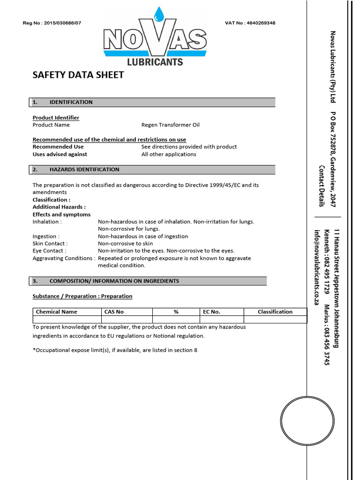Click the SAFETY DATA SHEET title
pos(78,75)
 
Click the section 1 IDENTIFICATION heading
pos(71,102)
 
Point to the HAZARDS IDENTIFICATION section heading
pos(84,170)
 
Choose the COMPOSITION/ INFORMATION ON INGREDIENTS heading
pos(114,281)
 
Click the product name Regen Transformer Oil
pos(170,125)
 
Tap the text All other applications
pos(169,154)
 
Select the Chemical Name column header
pos(57,312)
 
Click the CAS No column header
pos(113,312)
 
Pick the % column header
pos(176,312)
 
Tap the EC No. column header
pos(211,312)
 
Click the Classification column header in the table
pos(275,312)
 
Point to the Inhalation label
pos(47,222)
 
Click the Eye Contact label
pos(49,251)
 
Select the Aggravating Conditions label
pos(64,258)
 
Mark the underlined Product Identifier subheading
pos(56,118)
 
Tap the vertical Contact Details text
pos(322,186)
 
